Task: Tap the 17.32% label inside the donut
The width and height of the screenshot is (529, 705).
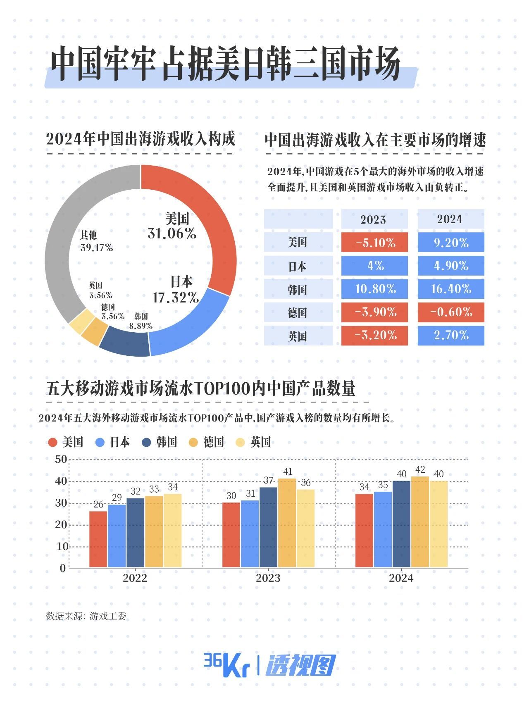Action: tap(175, 297)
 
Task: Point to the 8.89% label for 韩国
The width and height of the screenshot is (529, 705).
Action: tap(141, 326)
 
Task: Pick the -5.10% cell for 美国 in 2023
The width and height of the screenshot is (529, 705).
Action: tap(374, 242)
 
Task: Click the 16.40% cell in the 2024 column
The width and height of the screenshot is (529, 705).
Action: tap(451, 289)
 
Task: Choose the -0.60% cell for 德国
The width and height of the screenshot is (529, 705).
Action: tap(451, 312)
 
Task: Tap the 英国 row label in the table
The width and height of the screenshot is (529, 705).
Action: tap(298, 336)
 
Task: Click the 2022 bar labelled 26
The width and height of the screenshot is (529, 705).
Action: tap(98, 539)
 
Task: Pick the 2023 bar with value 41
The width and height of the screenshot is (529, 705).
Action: tap(287, 523)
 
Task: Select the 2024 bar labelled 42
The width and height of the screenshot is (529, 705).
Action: tap(420, 522)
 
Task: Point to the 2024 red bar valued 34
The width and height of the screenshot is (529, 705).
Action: tap(364, 531)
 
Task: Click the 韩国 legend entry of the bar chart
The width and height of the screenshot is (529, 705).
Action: tap(160, 442)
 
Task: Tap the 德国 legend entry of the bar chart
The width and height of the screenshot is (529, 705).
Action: tap(206, 442)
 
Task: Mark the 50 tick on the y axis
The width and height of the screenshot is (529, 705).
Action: tap(61, 459)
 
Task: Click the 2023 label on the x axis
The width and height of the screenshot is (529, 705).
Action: tap(268, 578)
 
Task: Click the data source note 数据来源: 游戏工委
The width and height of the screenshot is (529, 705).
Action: tap(86, 616)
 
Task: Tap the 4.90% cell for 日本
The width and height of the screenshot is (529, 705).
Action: tap(451, 266)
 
